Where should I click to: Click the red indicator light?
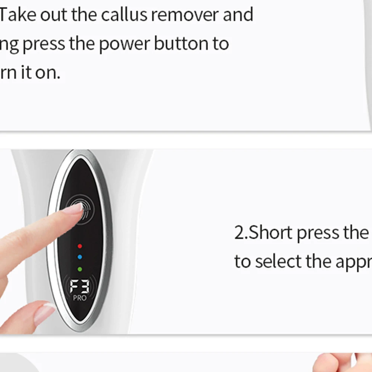pos(80,246)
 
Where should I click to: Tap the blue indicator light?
pos(80,257)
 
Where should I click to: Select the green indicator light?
pos(80,269)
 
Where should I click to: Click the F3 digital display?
pos(80,286)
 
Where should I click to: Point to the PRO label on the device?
pos(80,298)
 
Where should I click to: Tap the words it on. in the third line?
pos(42,72)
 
